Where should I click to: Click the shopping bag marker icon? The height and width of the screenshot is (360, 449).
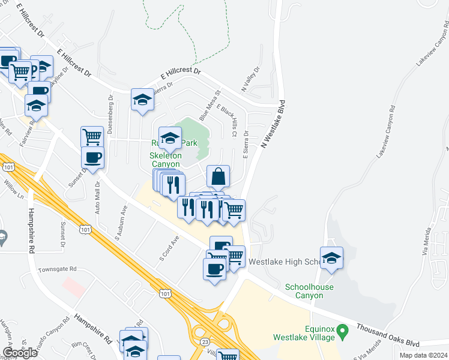pyautogui.click(x=218, y=176)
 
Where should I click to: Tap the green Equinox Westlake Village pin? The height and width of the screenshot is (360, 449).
pyautogui.click(x=343, y=330)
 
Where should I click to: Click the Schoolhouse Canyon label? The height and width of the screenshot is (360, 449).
pyautogui.click(x=309, y=291)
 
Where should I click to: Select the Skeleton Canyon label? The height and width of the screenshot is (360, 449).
pyautogui.click(x=164, y=160)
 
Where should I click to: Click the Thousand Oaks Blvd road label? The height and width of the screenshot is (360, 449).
pyautogui.click(x=387, y=336)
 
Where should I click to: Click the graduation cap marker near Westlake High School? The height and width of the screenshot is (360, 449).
pyautogui.click(x=331, y=258)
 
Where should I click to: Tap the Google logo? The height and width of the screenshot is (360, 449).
pyautogui.click(x=20, y=352)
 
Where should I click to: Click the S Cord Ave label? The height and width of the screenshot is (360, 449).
pyautogui.click(x=169, y=247)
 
